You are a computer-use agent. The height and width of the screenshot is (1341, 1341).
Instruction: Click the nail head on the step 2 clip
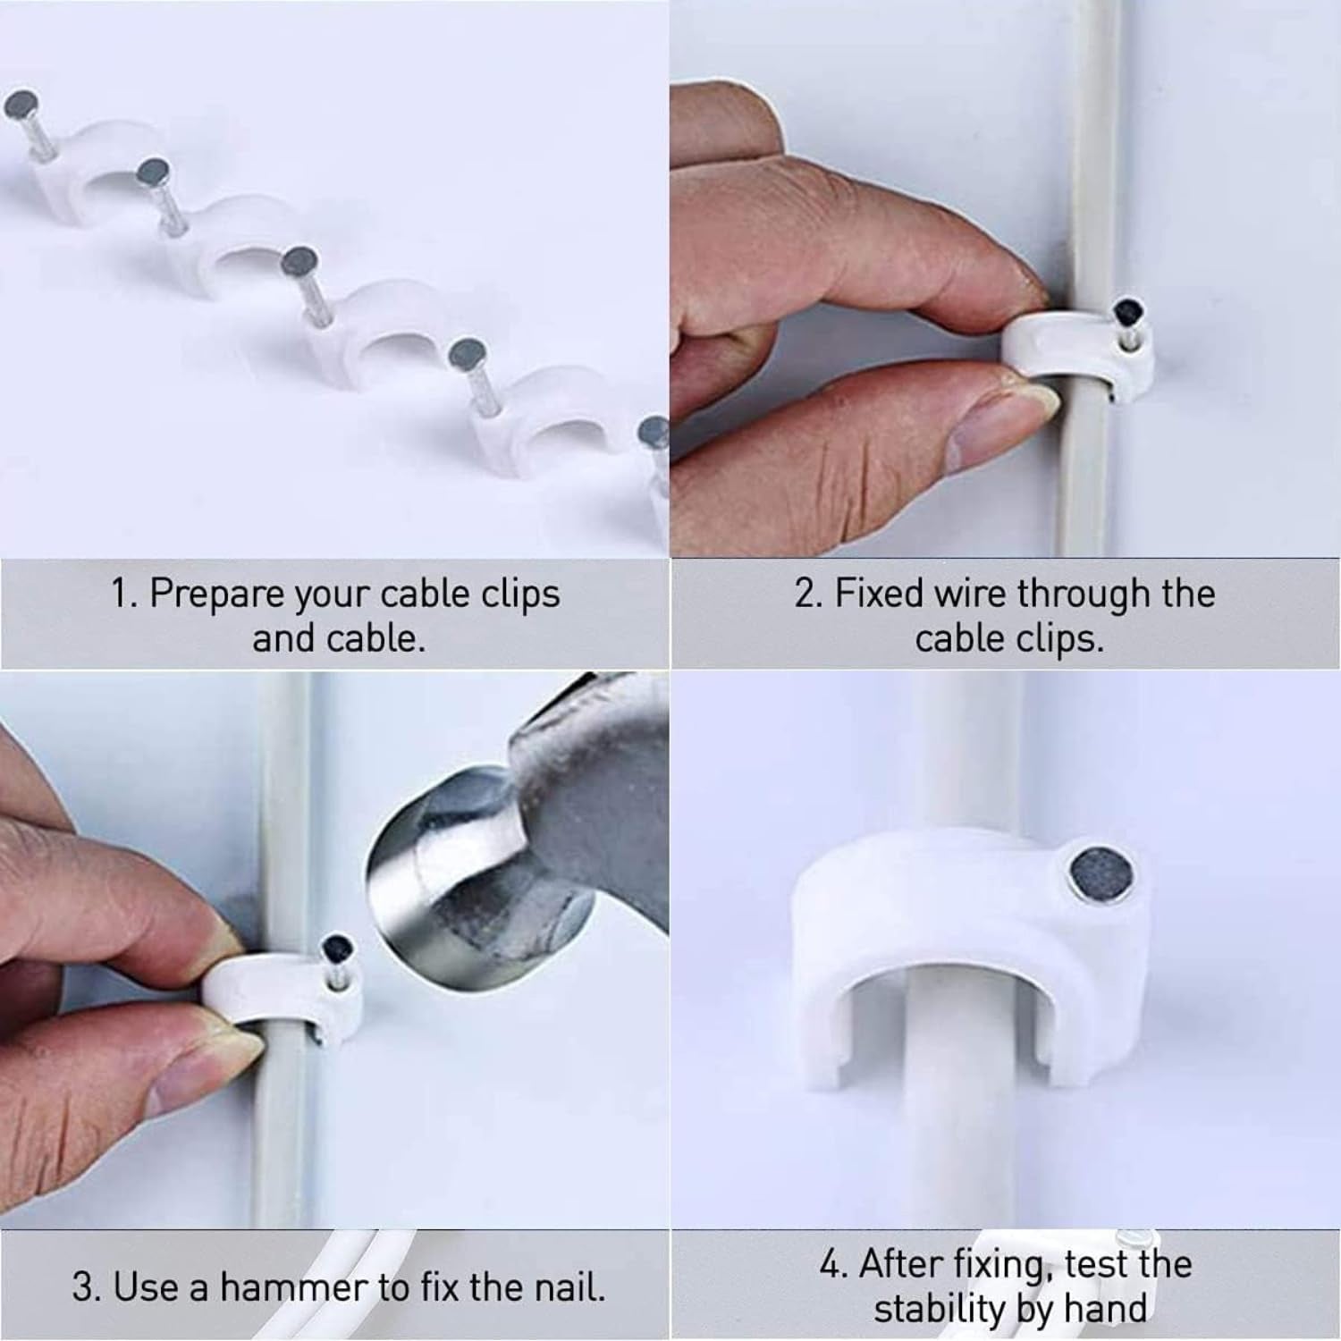tap(1128, 312)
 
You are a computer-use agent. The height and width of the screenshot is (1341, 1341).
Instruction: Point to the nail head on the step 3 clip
tap(336, 947)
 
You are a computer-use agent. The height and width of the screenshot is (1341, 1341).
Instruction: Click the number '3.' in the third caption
tap(88, 1287)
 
